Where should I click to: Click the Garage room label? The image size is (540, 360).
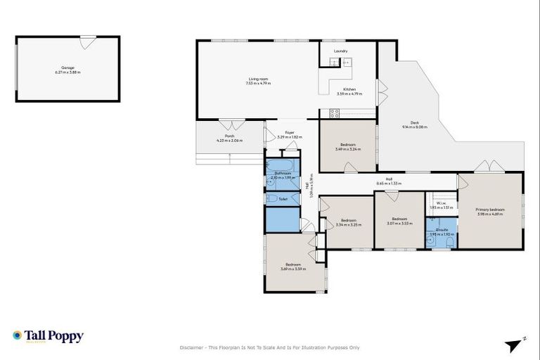coord(67,68)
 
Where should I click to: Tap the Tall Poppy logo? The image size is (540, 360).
coord(48,336)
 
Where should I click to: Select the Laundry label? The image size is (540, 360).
coord(341,51)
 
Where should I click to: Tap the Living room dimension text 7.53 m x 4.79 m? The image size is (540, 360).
coord(258,83)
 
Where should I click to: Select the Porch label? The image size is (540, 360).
coord(229,136)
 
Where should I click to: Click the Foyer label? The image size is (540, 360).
coord(289,132)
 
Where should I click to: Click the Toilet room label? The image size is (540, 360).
coord(283,199)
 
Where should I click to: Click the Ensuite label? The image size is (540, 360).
coord(442,230)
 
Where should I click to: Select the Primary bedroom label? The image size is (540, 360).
coord(490,209)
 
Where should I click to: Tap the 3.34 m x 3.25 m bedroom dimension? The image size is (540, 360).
coord(349,225)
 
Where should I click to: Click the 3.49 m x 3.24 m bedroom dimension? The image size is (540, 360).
coord(347,149)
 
